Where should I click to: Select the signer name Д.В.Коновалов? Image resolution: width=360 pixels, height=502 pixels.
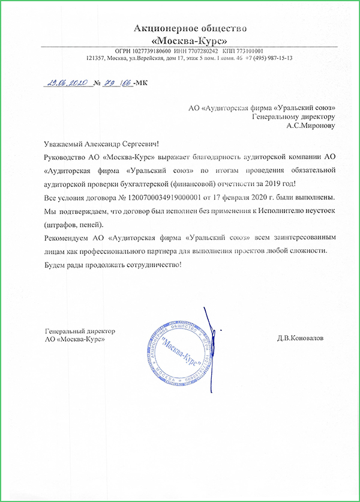click(300, 338)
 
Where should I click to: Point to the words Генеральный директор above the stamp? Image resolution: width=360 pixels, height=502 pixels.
click(80, 331)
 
